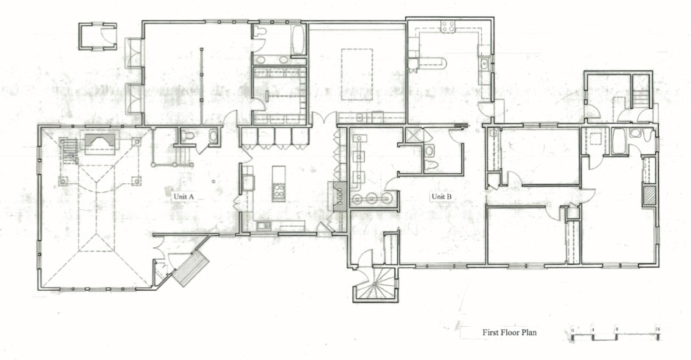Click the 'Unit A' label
(183, 197)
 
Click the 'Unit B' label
(441, 197)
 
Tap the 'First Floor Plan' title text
(509, 333)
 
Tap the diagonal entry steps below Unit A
(190, 268)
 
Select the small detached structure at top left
(97, 35)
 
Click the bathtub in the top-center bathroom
(298, 40)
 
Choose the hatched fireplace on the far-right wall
(648, 195)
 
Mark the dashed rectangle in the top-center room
(356, 74)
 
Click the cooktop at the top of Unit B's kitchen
(447, 27)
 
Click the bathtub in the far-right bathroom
(618, 141)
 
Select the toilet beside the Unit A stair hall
(187, 136)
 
